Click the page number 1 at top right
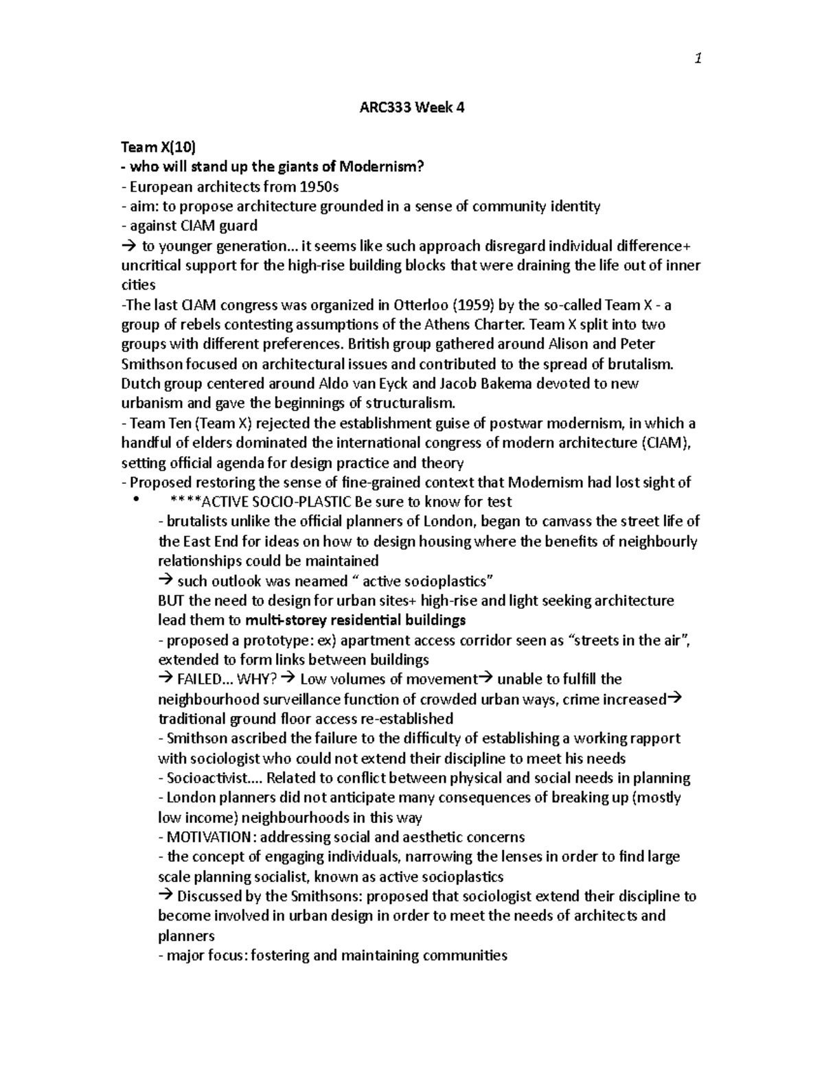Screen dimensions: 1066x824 point(698,59)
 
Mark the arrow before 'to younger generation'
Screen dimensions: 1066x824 point(128,246)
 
